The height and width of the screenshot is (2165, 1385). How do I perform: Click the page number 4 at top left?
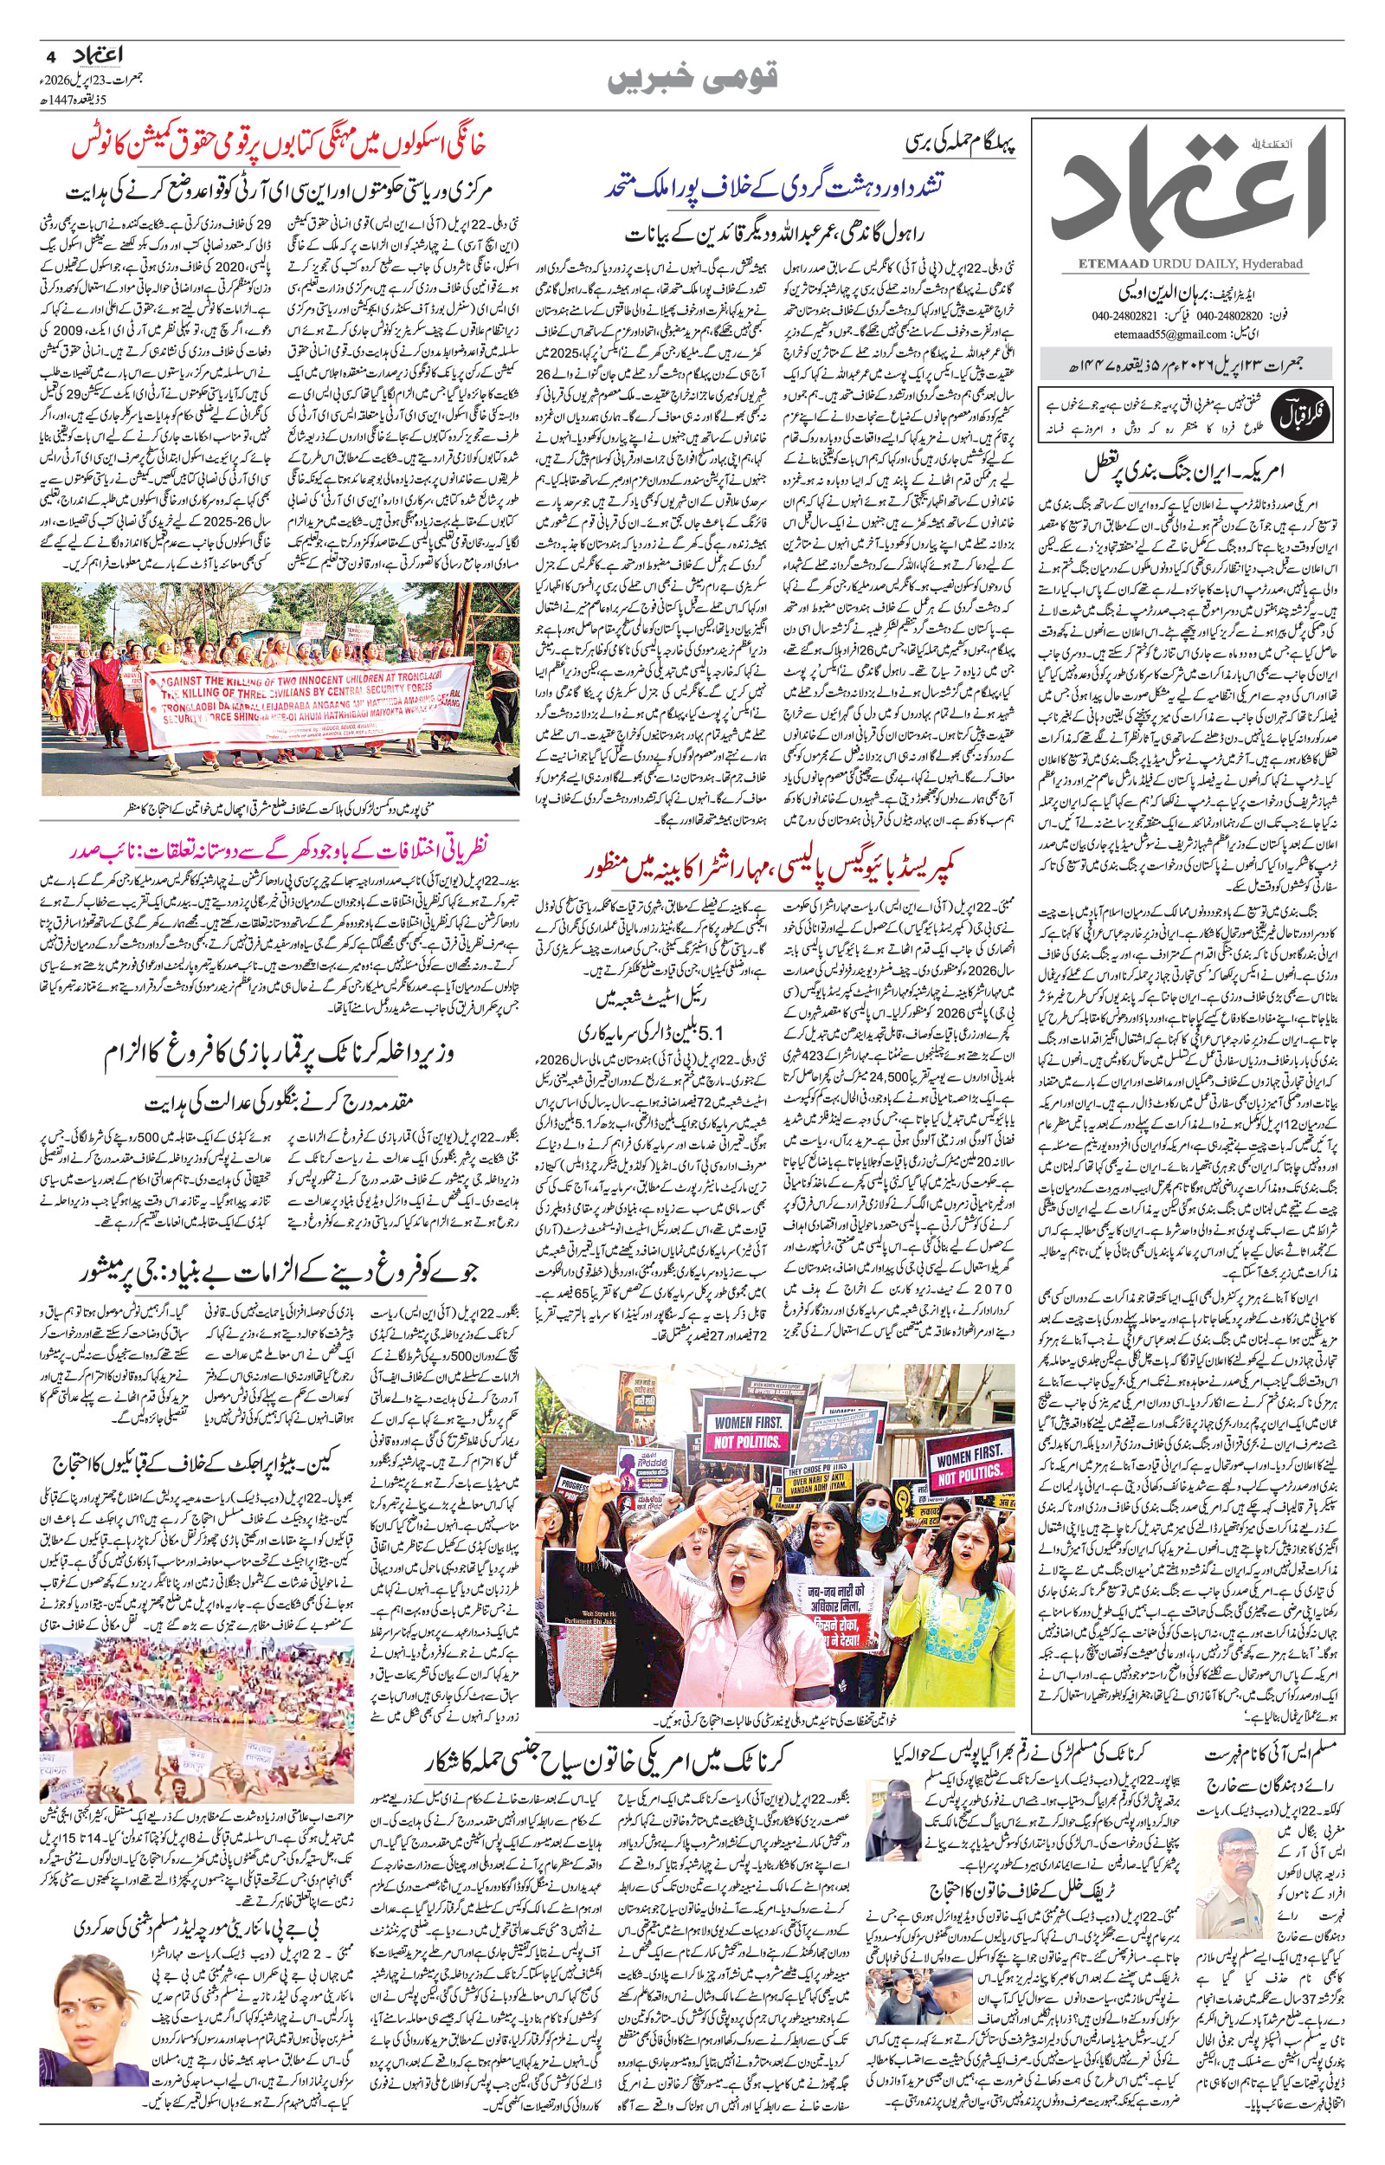click(x=48, y=55)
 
